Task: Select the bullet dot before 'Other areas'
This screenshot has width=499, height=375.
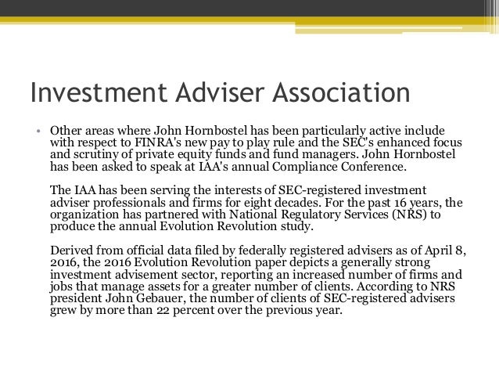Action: click(x=36, y=129)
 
